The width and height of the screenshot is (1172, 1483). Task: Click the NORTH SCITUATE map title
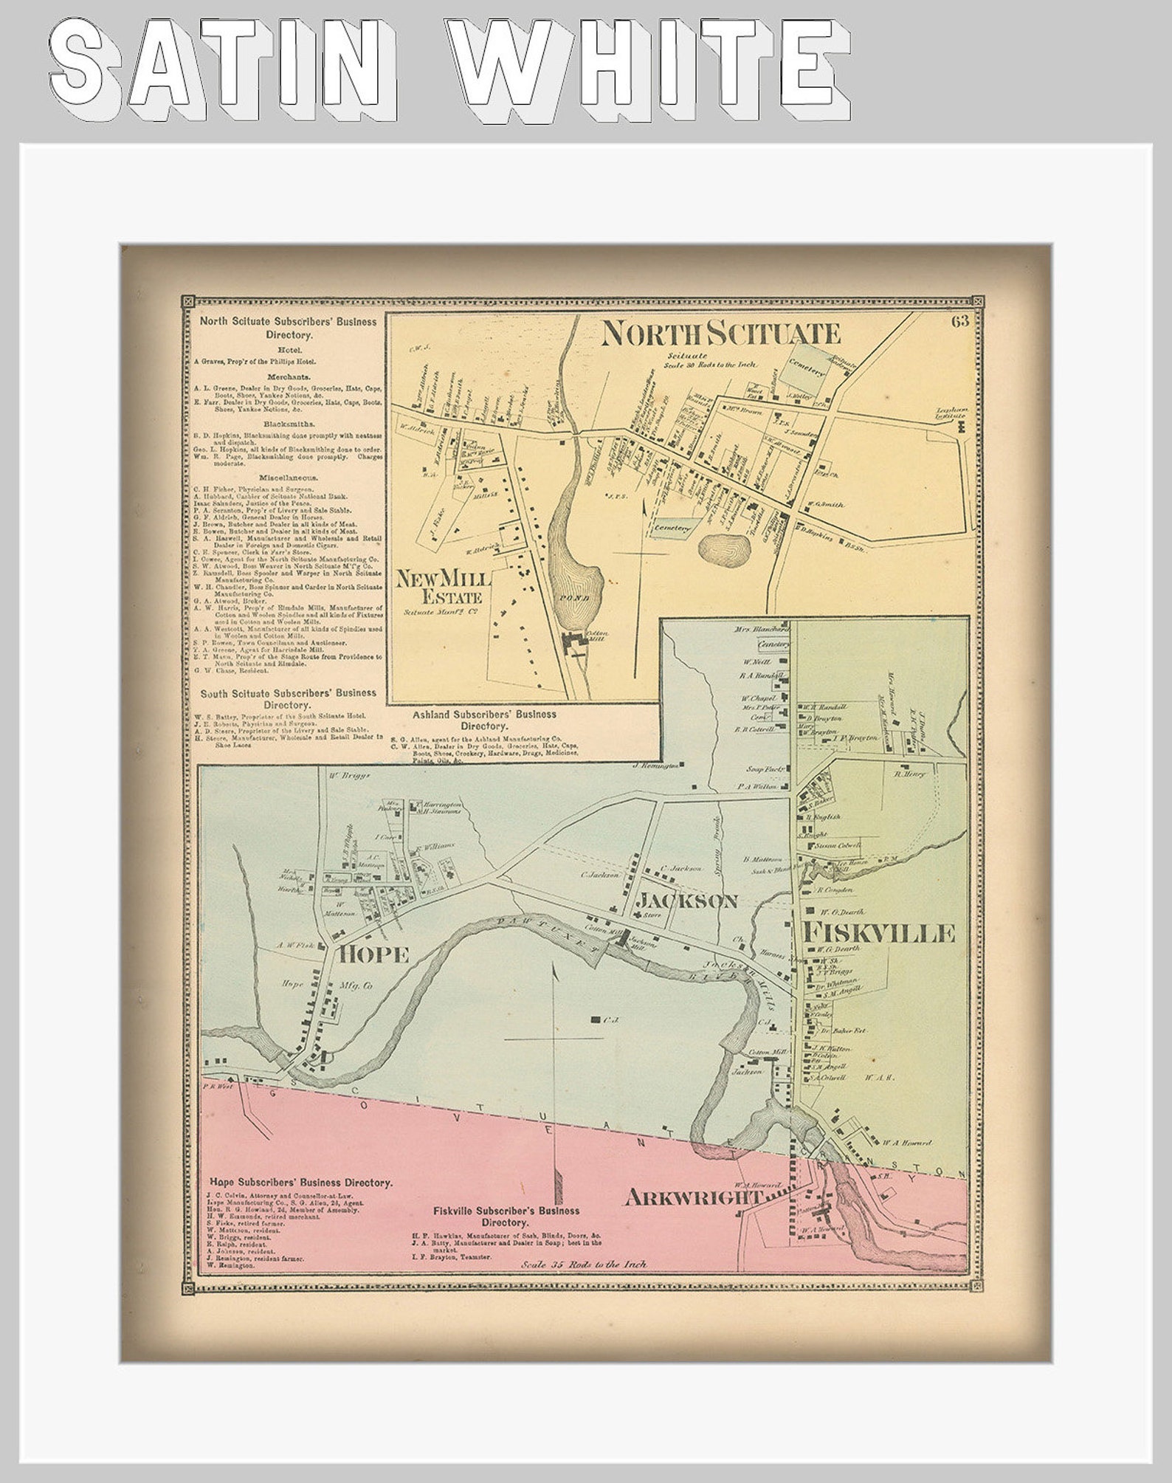pyautogui.click(x=720, y=334)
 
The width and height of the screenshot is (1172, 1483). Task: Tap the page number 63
pyautogui.click(x=959, y=320)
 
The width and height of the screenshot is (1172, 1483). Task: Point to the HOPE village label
pyautogui.click(x=374, y=954)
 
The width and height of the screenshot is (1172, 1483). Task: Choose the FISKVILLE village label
pyautogui.click(x=882, y=933)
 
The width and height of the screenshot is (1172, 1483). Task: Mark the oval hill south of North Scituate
pyautogui.click(x=725, y=549)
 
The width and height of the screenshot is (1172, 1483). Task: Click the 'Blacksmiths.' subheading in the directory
pyautogui.click(x=288, y=424)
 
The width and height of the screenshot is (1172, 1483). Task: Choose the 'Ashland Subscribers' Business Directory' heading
pyautogui.click(x=484, y=720)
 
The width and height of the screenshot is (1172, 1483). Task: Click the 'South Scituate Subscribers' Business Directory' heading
pyautogui.click(x=288, y=699)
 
